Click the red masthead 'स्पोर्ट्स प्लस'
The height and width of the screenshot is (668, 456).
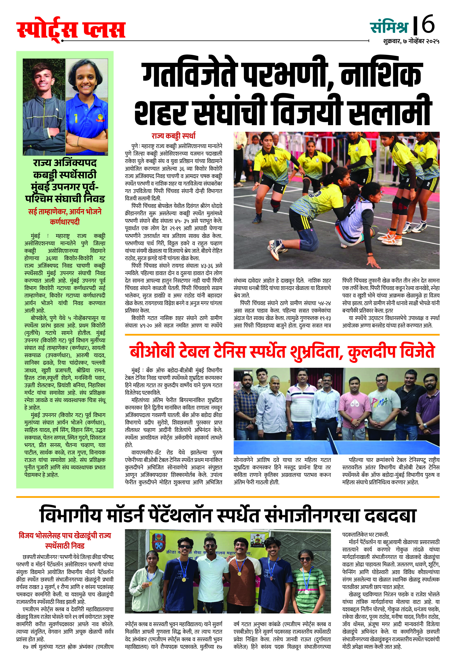click(71, 30)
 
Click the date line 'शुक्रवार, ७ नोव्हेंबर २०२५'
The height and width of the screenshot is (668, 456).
click(411, 41)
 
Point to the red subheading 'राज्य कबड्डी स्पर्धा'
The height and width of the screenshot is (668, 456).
click(174, 136)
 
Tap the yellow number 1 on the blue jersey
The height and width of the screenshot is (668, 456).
click(76, 118)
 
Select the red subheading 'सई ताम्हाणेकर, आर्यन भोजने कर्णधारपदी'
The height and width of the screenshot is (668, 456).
click(65, 216)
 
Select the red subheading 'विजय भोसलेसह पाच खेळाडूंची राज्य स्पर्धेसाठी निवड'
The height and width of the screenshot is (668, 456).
click(65, 540)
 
